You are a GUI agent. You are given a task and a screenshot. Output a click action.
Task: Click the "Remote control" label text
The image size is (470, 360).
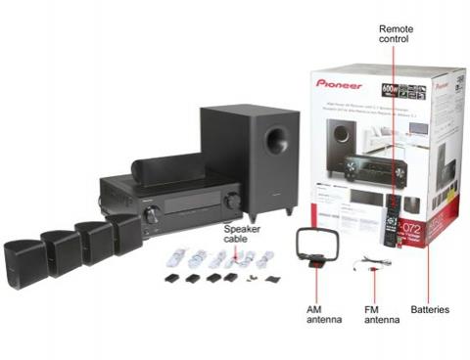396,36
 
